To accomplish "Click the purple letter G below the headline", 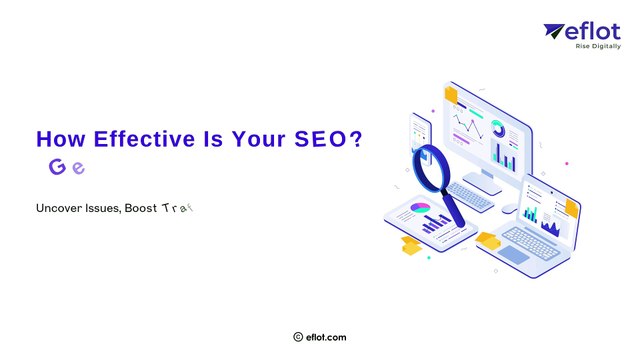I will coord(57,167).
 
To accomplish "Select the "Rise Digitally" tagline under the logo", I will coord(599,46).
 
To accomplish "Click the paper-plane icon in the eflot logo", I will coord(555,32).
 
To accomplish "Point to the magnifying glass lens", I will coord(431,164).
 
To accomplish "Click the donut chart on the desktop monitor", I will coord(497,128).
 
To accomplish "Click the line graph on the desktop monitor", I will coord(466,126).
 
